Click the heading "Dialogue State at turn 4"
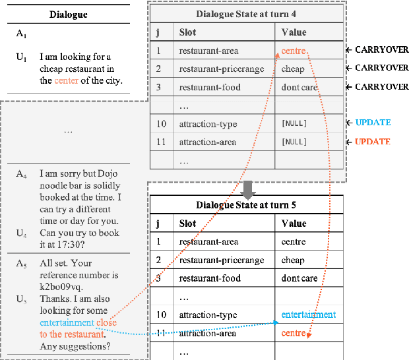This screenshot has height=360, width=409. (247, 14)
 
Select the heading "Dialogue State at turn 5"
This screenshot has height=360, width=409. (246, 206)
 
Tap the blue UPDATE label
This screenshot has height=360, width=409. (373, 123)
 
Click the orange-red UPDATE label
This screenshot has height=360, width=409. (373, 142)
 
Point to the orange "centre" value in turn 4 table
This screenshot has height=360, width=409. (293, 50)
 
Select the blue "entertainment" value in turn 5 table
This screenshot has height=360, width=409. (308, 315)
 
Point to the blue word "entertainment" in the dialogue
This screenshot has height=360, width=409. (67, 323)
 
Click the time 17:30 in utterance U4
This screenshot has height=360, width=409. (75, 245)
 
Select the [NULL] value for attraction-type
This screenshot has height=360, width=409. (294, 123)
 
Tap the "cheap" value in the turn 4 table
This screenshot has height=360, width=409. (293, 69)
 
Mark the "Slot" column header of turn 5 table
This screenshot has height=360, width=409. (188, 224)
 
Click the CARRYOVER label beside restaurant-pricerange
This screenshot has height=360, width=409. (381, 68)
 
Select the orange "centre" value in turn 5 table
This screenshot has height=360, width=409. (294, 333)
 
